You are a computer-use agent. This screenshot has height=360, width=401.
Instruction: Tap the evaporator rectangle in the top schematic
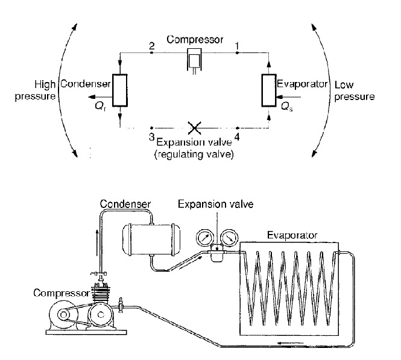(x=268, y=90)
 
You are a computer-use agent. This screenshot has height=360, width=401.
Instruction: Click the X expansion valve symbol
(x=194, y=128)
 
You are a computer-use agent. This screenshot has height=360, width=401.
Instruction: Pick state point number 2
(x=151, y=46)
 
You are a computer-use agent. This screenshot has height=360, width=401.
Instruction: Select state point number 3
(x=151, y=134)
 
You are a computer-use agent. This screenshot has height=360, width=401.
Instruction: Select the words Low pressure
(x=354, y=90)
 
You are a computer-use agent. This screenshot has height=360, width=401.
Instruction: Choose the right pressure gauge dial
(x=226, y=238)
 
